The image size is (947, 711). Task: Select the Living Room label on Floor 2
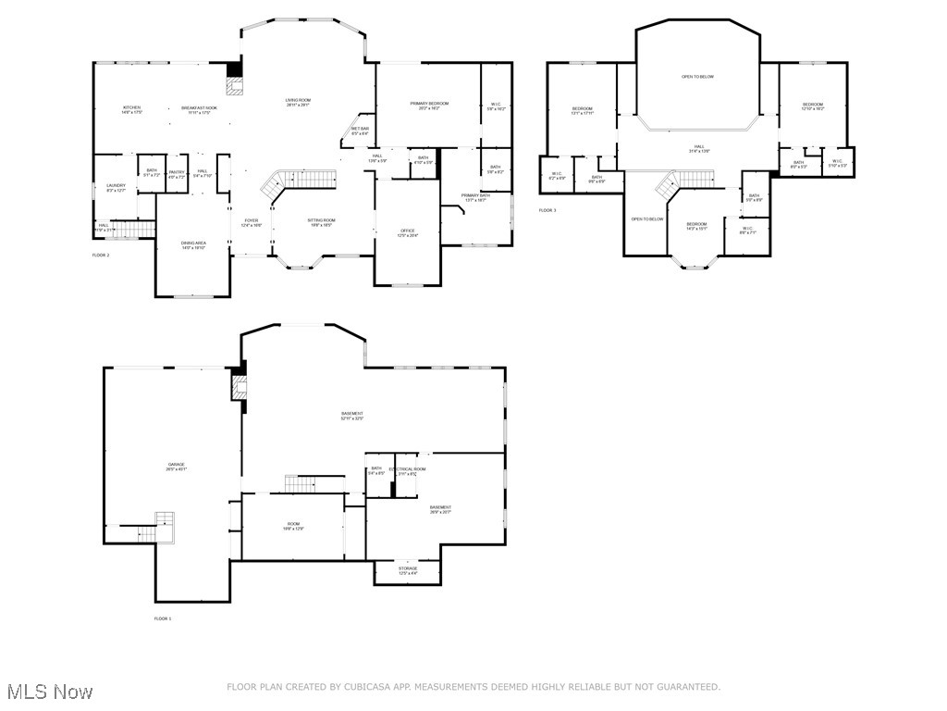(x=298, y=102)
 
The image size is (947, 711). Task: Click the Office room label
(x=407, y=232)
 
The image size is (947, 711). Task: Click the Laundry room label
(x=116, y=188)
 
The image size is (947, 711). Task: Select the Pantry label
(x=177, y=173)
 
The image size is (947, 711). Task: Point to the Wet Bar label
(x=360, y=131)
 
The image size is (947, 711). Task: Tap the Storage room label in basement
(x=408, y=570)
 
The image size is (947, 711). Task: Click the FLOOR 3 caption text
(x=547, y=210)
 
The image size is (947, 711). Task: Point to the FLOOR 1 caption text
(x=162, y=618)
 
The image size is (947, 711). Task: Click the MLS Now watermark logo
(x=48, y=692)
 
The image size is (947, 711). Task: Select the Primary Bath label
(x=476, y=197)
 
